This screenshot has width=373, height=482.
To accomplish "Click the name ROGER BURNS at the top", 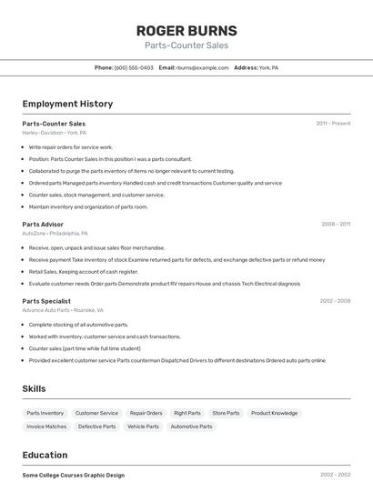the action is [186, 30].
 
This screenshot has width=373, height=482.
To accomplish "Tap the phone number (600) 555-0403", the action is [134, 67].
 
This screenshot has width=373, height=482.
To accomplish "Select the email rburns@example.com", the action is [202, 67].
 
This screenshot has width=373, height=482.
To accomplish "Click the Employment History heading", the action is [67, 104].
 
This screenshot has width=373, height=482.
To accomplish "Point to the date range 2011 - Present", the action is [333, 124].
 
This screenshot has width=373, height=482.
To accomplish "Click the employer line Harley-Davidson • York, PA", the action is [55, 133].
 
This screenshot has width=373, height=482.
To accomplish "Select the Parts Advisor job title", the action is [43, 224].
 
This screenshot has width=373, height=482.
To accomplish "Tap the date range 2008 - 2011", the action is [335, 224].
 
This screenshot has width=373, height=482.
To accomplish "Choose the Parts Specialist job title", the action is [46, 301].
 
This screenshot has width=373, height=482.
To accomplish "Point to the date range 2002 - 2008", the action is [335, 301].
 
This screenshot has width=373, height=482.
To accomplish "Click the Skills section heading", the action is [34, 388].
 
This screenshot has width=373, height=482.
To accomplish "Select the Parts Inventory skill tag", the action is [45, 413].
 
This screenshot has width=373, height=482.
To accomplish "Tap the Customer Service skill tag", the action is [96, 413].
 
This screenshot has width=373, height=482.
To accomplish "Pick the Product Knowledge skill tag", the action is [274, 413].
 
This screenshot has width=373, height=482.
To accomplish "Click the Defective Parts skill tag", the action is [96, 427].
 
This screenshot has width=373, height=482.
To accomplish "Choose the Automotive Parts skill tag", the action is [191, 427].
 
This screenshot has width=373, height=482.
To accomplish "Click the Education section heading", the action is [45, 455].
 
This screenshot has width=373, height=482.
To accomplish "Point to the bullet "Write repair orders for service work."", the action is [71, 146].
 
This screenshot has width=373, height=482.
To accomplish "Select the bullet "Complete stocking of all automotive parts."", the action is [78, 325].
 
